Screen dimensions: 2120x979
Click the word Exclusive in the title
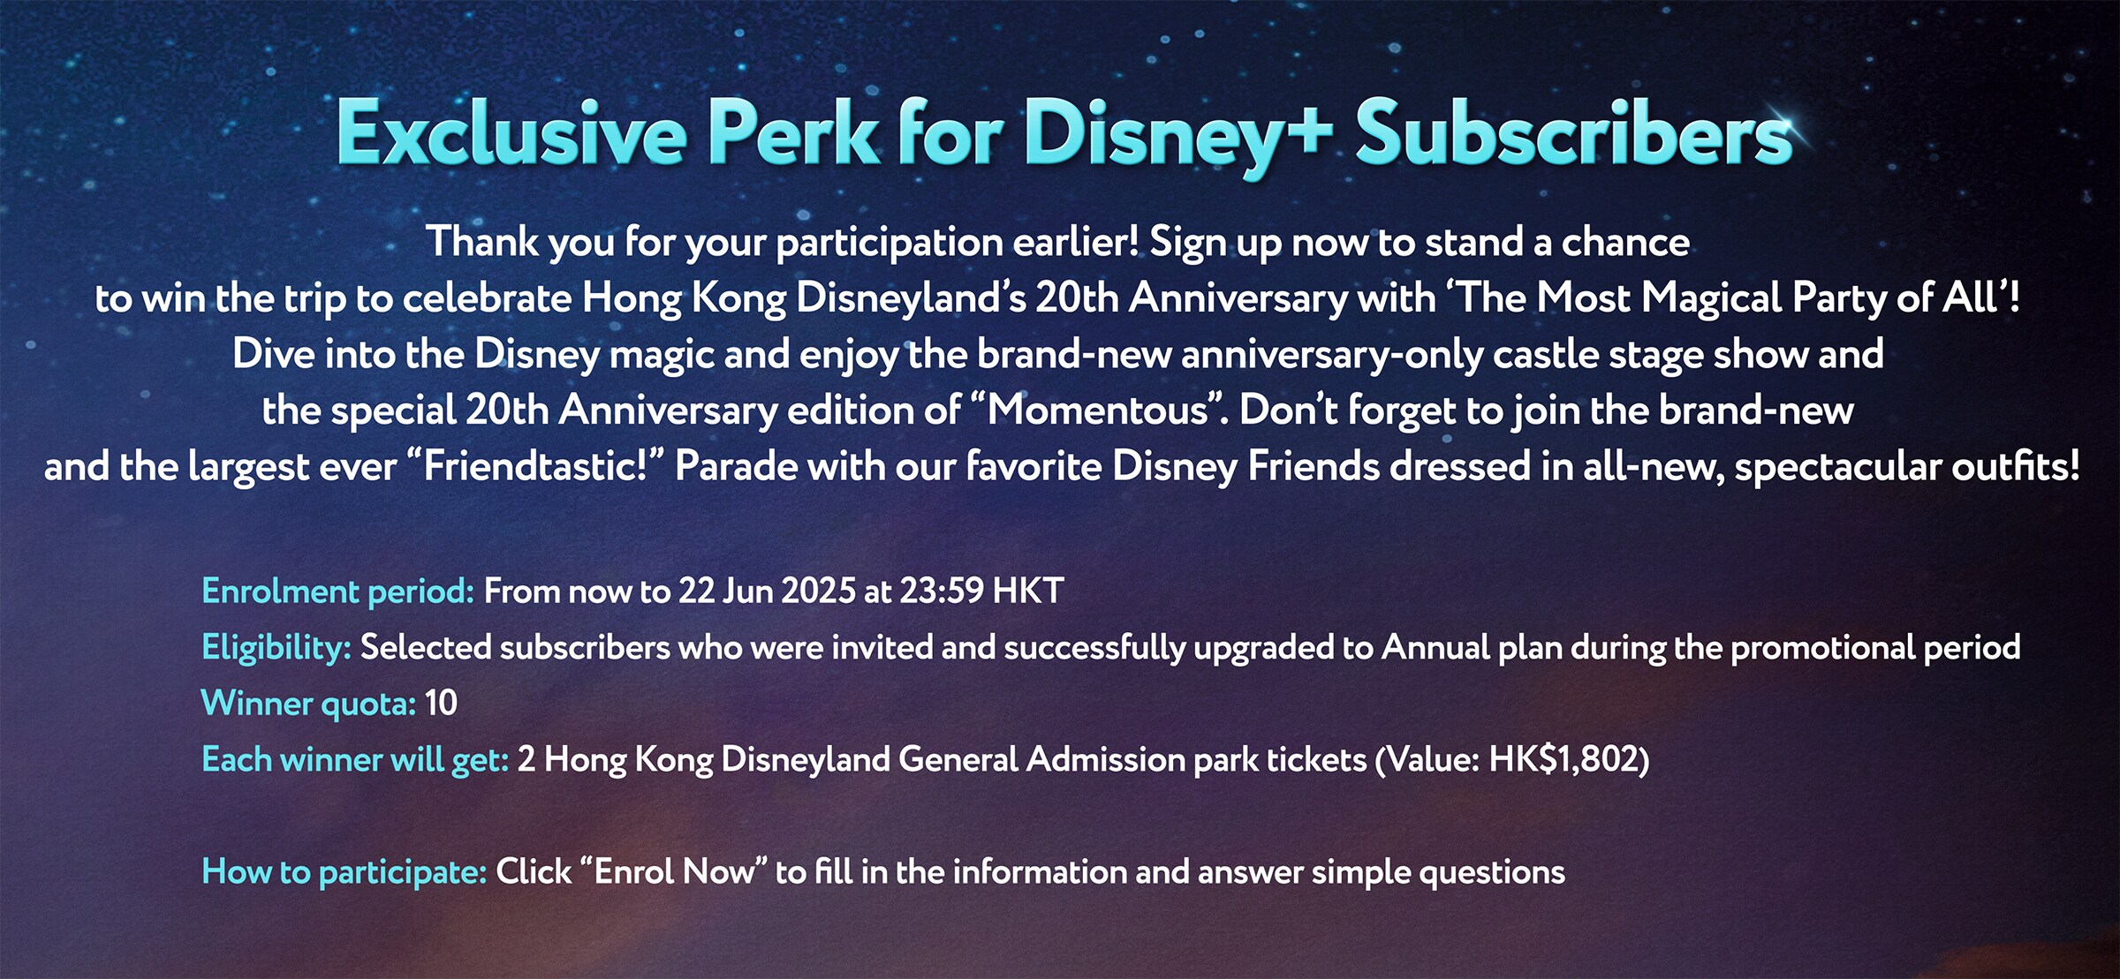(x=511, y=133)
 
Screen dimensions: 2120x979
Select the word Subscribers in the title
(x=1574, y=133)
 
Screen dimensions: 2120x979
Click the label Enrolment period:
(x=338, y=591)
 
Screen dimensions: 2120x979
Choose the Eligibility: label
(x=276, y=648)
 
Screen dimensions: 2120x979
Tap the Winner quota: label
(x=309, y=704)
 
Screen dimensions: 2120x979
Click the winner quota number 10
(x=441, y=704)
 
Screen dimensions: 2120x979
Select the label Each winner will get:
(x=355, y=760)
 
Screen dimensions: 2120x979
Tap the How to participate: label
(x=344, y=872)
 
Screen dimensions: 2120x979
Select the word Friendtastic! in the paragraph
(x=535, y=467)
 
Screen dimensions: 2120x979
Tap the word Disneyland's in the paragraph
(x=911, y=298)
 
